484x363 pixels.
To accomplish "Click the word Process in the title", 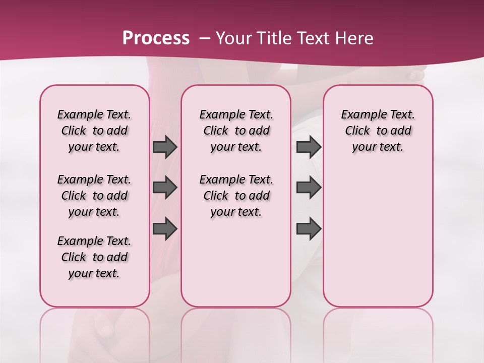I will point(156,38).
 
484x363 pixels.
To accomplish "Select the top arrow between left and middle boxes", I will point(164,147).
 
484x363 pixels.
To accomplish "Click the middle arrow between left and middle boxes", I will point(164,188).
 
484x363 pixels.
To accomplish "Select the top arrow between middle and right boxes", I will point(309,147).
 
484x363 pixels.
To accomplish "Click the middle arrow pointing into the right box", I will point(309,188).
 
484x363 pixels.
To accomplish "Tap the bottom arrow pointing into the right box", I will point(309,229).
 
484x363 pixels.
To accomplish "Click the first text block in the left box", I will point(94,131).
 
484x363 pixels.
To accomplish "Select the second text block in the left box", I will point(94,196).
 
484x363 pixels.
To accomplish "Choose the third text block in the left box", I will point(94,257).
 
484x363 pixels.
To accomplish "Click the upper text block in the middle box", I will point(236,131).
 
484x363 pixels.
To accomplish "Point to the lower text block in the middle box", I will point(236,196).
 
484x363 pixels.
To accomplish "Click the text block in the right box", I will point(378,131).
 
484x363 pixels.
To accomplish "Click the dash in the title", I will point(205,38).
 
